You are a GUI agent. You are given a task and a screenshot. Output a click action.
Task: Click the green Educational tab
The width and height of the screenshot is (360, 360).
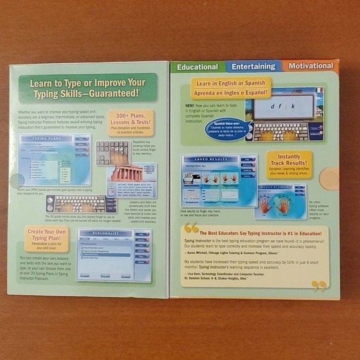[x=198, y=66]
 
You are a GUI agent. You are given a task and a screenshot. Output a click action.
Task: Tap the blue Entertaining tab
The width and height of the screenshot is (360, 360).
[x=253, y=66]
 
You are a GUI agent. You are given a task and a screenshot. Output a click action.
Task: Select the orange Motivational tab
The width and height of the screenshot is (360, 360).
[x=311, y=65]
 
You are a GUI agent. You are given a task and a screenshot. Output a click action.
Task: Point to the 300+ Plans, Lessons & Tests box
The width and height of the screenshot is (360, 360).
[x=130, y=123]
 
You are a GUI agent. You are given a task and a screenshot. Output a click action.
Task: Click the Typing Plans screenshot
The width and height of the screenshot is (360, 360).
[x=55, y=160]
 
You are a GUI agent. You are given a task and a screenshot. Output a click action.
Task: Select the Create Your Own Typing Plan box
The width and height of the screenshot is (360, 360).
[x=47, y=238]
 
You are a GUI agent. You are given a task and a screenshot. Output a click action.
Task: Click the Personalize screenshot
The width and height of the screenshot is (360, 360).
[x=114, y=254]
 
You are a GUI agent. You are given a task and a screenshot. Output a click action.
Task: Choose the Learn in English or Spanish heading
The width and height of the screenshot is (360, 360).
[x=230, y=83]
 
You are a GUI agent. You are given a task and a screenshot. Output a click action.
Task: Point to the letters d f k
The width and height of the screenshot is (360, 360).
[x=284, y=107]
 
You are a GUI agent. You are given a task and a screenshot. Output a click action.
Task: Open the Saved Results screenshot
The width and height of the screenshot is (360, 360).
[x=218, y=180]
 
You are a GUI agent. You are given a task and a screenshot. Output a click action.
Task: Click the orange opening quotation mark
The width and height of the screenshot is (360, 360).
[x=191, y=228]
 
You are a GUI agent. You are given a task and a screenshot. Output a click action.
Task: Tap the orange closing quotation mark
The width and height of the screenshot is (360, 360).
[x=319, y=286]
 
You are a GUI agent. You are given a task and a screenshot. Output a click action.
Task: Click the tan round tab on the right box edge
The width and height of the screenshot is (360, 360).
[x=329, y=179]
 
